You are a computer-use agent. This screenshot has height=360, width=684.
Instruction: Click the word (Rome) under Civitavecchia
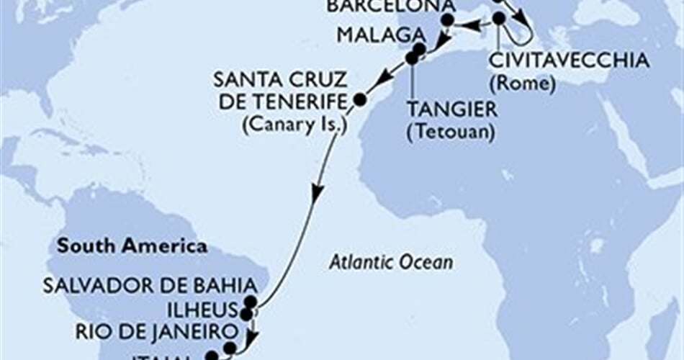coord(521,84)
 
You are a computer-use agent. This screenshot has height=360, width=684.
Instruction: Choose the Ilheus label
coord(204,310)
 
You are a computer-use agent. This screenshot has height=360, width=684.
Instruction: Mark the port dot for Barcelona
coord(447,21)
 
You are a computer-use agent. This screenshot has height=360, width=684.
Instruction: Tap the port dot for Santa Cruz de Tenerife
coord(359,99)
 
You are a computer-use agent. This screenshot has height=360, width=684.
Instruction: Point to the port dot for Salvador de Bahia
coord(250,302)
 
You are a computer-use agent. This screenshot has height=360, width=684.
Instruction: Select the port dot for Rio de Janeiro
coord(229,348)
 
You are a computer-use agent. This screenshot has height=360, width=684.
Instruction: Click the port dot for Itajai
coord(211,356)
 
